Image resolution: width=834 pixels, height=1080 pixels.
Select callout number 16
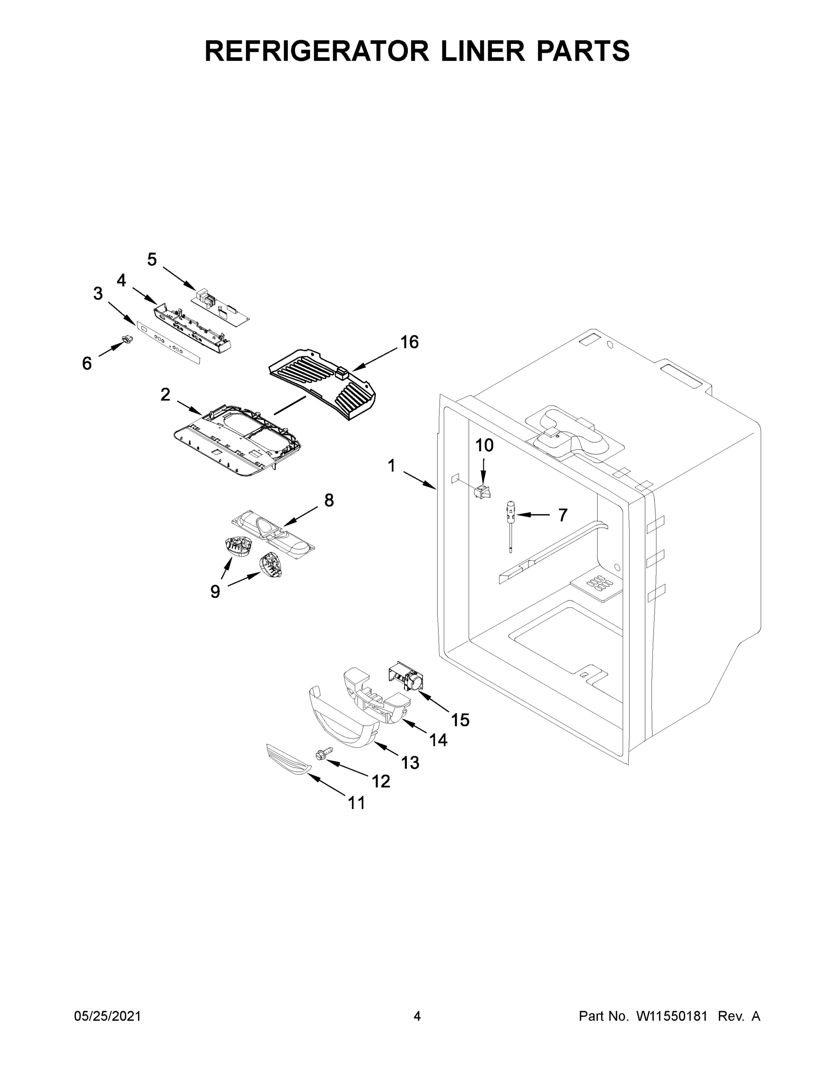click(409, 342)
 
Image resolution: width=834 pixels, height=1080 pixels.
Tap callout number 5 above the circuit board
click(152, 259)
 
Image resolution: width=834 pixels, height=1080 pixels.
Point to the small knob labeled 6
click(128, 340)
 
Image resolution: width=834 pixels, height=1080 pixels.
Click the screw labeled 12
click(320, 754)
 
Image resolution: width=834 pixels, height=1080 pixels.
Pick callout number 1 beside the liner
click(391, 465)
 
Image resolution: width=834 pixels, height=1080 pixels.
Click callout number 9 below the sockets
click(215, 591)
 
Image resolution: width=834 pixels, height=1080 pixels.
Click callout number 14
click(438, 740)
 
